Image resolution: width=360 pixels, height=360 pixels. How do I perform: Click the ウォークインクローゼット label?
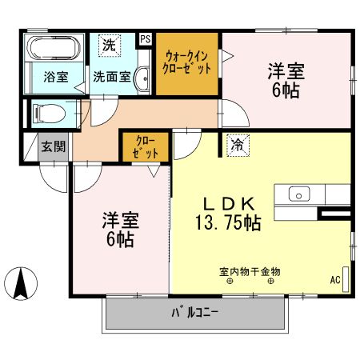[189, 62]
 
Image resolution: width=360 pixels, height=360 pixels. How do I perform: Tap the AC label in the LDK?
[334, 280]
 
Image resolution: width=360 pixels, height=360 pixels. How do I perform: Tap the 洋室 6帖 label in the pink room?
[117, 228]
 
